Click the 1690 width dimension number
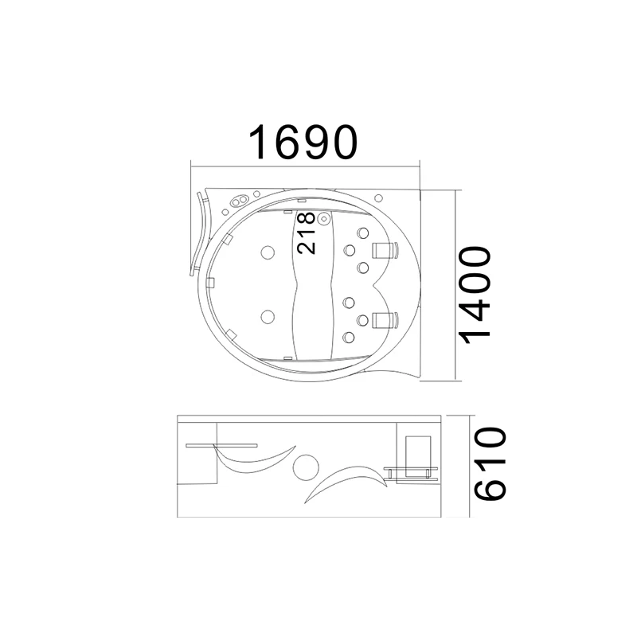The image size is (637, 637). point(303,143)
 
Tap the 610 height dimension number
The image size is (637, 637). point(490,463)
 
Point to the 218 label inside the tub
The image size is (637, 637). point(306,233)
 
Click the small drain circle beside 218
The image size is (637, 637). point(324,218)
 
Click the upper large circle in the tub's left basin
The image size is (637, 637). point(267,252)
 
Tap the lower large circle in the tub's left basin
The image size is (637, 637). point(267,318)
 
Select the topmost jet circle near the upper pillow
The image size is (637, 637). point(363,235)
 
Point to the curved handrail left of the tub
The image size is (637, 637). point(197,236)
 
